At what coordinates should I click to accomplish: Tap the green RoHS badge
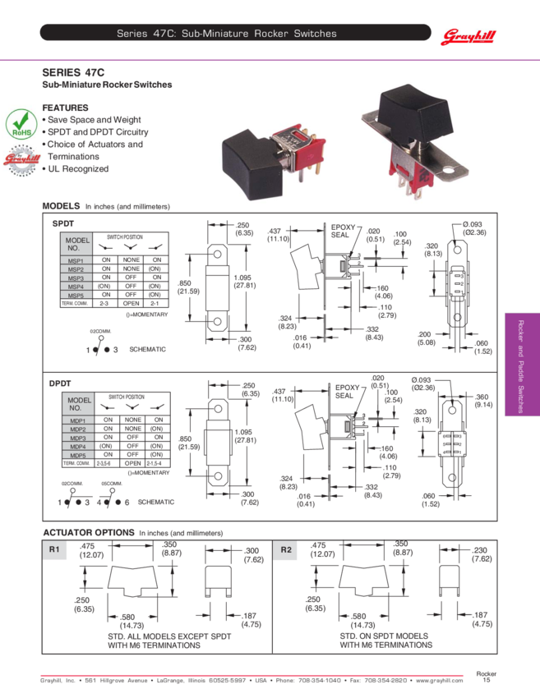pyautogui.click(x=20, y=124)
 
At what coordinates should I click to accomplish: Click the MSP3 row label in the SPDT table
pyautogui.click(x=76, y=278)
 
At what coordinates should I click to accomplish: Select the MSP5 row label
pyautogui.click(x=76, y=295)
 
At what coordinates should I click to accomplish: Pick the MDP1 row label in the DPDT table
pyautogui.click(x=78, y=421)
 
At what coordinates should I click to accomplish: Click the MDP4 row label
pyautogui.click(x=78, y=447)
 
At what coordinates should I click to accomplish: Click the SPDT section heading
pyautogui.click(x=63, y=223)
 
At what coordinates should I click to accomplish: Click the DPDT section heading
pyautogui.click(x=61, y=382)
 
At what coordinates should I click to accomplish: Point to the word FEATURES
pyautogui.click(x=65, y=108)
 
